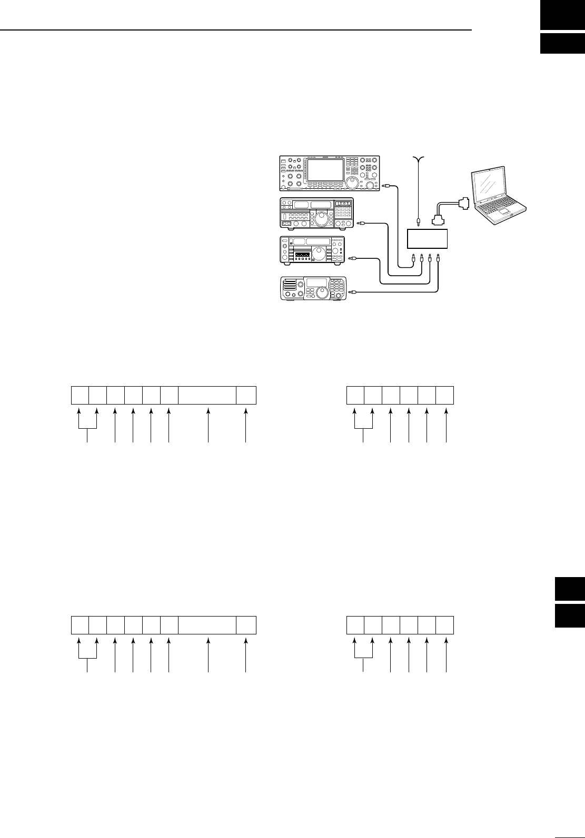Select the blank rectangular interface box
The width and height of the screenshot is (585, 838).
[428, 239]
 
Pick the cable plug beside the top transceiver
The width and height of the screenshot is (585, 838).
[387, 186]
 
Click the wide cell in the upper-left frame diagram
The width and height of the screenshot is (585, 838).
[207, 396]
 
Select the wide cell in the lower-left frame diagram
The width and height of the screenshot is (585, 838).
[207, 624]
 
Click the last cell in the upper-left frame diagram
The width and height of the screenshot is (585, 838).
[246, 396]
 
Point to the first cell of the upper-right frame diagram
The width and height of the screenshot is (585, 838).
[355, 396]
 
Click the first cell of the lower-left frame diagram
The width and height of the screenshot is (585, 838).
[80, 624]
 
